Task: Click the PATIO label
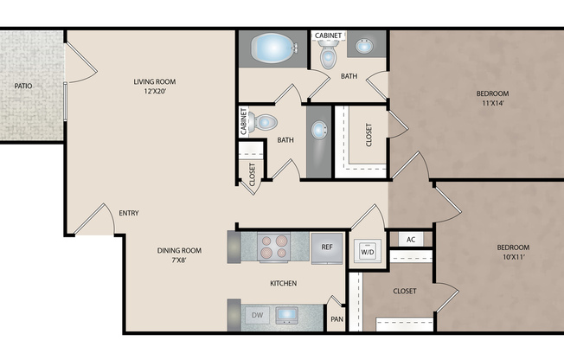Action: [x=22, y=86]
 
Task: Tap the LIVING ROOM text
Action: [x=156, y=82]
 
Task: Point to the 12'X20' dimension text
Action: [x=156, y=93]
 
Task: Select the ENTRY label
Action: [x=129, y=213]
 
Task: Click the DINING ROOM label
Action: [x=179, y=250]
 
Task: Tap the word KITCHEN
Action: [x=283, y=283]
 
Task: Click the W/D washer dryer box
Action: [x=367, y=252]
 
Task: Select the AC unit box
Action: [x=411, y=239]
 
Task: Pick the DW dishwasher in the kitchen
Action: [x=258, y=315]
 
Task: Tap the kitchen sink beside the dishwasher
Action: [x=287, y=315]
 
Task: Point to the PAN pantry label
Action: [x=336, y=318]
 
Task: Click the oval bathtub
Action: [x=272, y=47]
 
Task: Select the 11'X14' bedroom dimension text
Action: [x=492, y=104]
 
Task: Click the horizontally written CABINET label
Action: [x=328, y=35]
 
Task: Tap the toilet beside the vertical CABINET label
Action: [x=265, y=123]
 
